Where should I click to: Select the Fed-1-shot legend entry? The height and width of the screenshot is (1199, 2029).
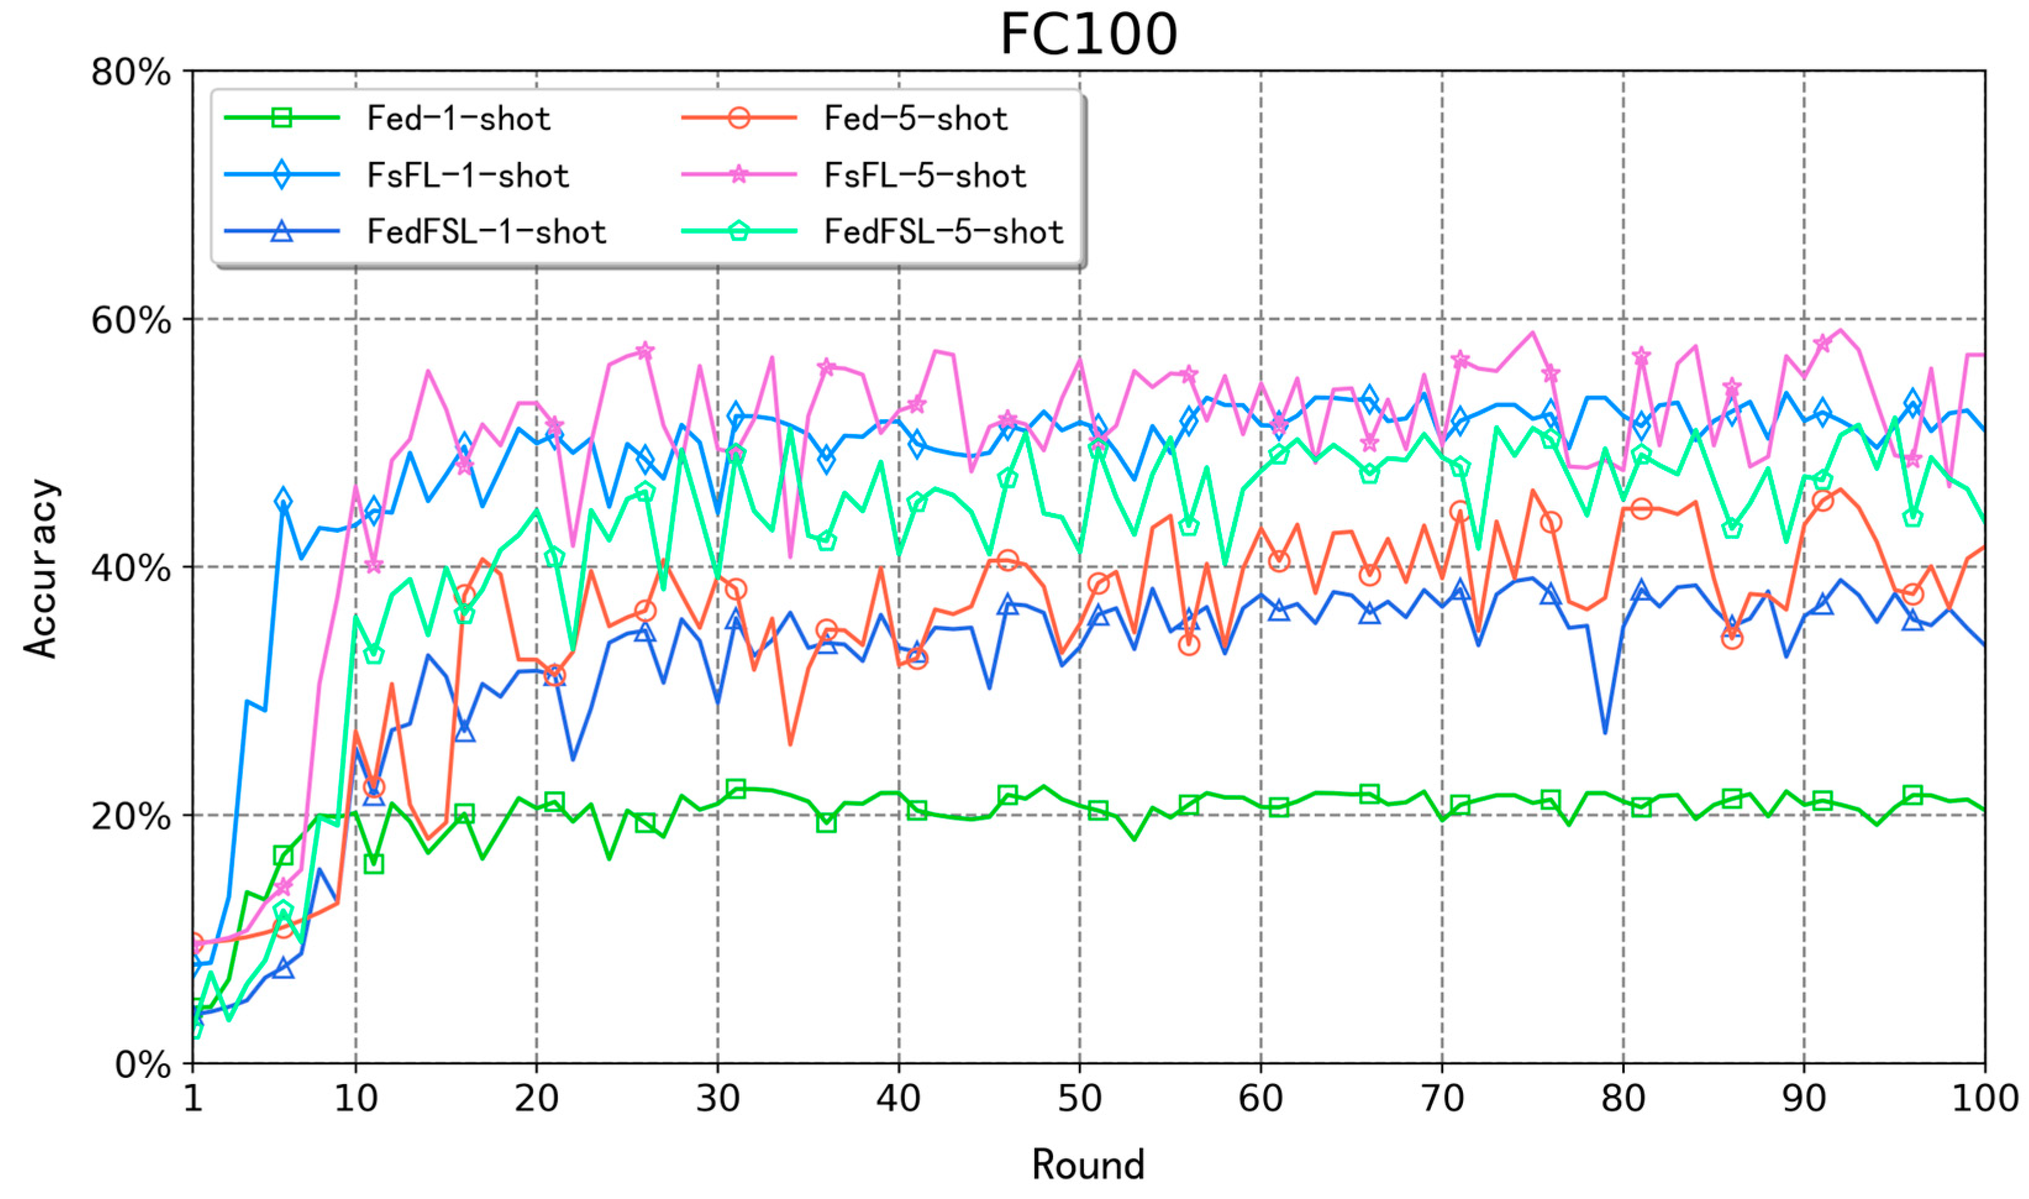click(458, 119)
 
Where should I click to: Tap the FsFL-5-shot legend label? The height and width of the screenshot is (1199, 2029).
click(925, 175)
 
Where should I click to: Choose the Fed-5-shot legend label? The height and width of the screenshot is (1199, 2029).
click(916, 119)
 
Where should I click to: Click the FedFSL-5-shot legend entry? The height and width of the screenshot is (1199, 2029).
click(943, 232)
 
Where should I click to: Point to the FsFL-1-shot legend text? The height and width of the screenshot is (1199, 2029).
click(468, 175)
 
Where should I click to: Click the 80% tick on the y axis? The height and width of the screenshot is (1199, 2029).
click(131, 73)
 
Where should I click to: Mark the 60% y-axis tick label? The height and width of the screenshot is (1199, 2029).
click(131, 321)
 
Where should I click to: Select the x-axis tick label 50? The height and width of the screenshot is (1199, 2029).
click(1079, 1099)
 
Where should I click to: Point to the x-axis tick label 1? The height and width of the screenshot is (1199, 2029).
click(192, 1099)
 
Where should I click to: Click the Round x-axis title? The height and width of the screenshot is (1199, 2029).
click(1088, 1165)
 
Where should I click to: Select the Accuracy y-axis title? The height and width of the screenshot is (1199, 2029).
click(40, 568)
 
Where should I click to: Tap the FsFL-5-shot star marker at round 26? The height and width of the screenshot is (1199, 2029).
click(644, 351)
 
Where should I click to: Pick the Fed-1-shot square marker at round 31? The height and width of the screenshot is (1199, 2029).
click(735, 788)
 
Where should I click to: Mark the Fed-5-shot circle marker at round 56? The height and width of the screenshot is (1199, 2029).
click(1188, 644)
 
